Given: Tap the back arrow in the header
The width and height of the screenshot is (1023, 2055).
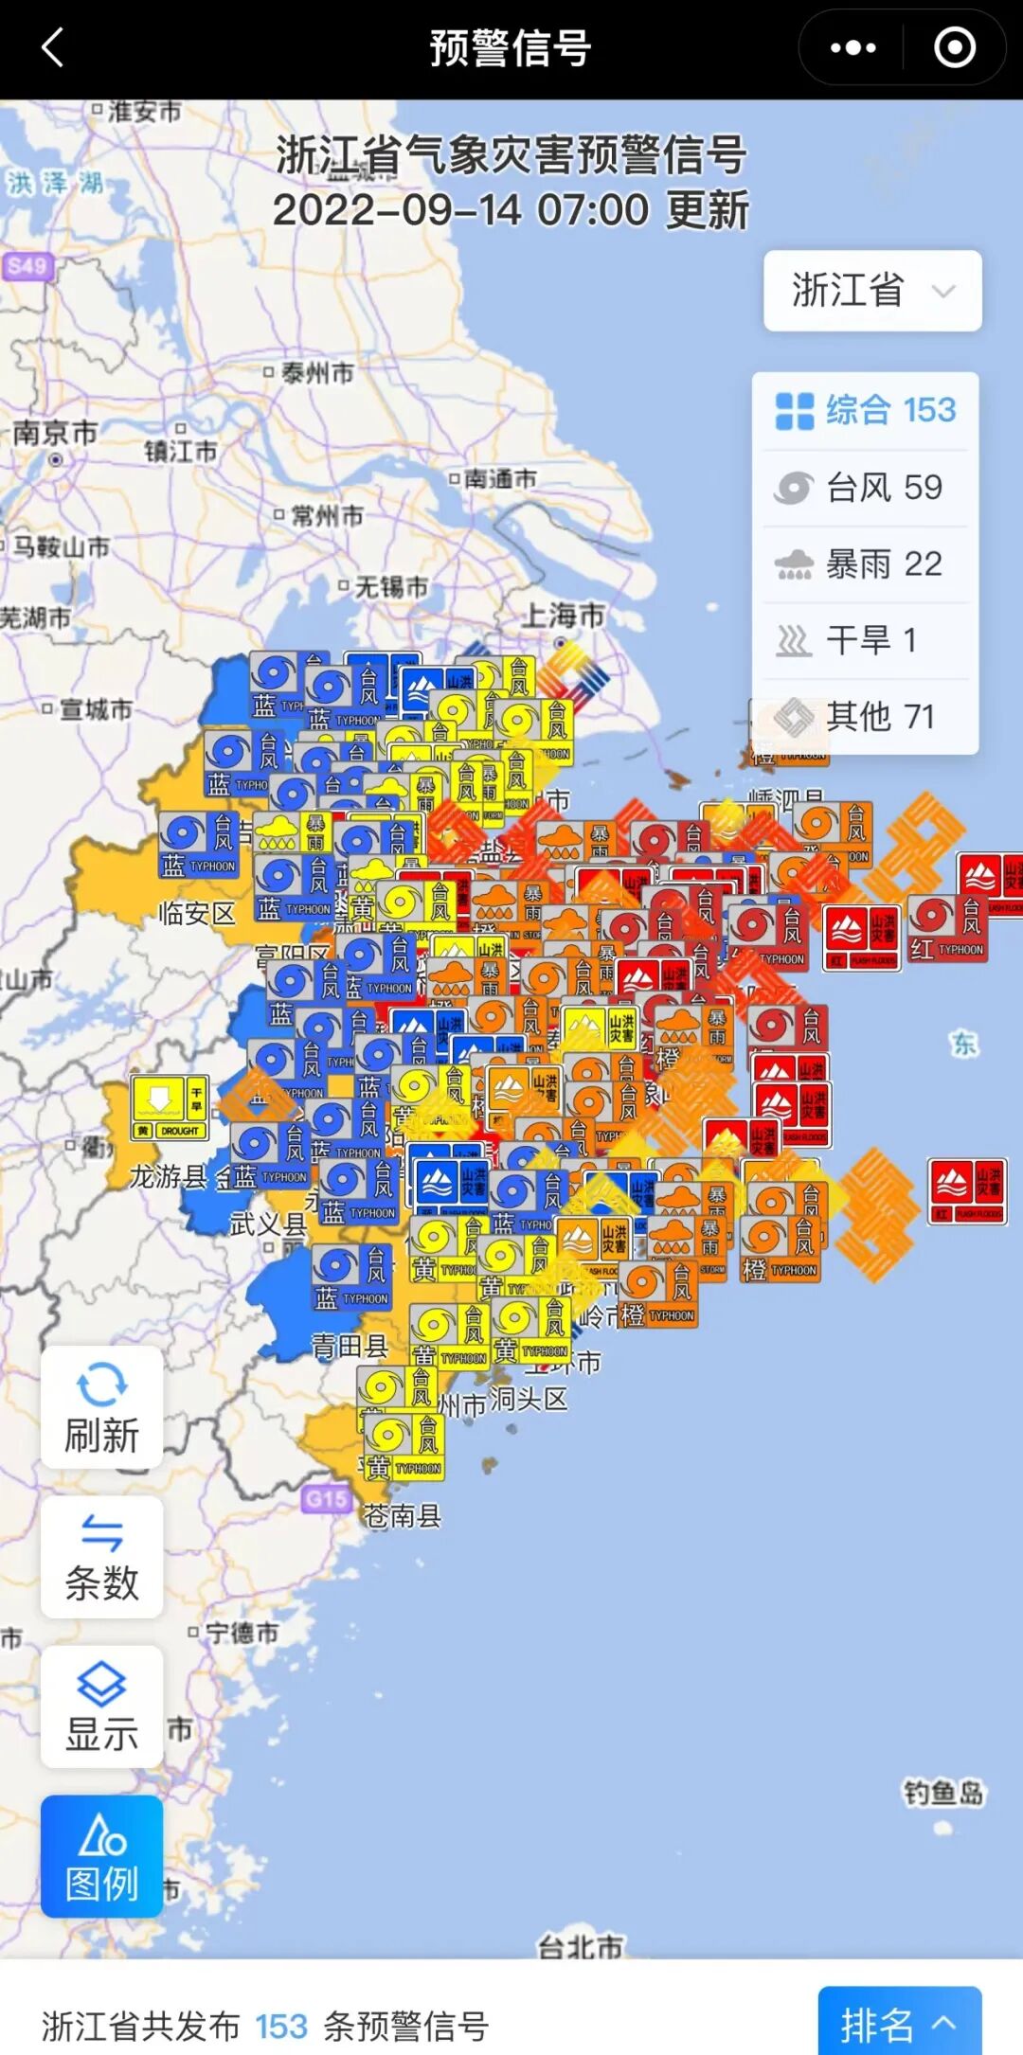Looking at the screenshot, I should click(x=53, y=47).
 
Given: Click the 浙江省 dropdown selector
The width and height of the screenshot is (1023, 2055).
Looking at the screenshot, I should click(x=872, y=291).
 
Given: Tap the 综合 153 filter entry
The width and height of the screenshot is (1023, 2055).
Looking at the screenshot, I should click(x=864, y=411).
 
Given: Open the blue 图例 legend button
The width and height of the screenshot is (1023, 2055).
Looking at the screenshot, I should click(x=101, y=1857).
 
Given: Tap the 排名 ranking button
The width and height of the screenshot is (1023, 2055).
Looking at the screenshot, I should click(x=898, y=2025).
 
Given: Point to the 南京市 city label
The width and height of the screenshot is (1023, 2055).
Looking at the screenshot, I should click(x=55, y=434).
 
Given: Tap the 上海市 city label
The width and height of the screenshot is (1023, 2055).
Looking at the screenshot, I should click(x=565, y=616).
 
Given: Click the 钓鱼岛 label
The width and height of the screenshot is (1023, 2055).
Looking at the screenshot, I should click(x=943, y=1793).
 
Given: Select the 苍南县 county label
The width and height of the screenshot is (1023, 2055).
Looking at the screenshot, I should click(x=403, y=1516).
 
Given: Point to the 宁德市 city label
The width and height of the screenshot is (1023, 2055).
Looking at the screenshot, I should click(x=242, y=1633).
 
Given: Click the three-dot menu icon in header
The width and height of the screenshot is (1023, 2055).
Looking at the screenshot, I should click(x=852, y=47).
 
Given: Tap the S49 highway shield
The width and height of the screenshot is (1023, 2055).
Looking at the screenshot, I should click(x=27, y=266).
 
